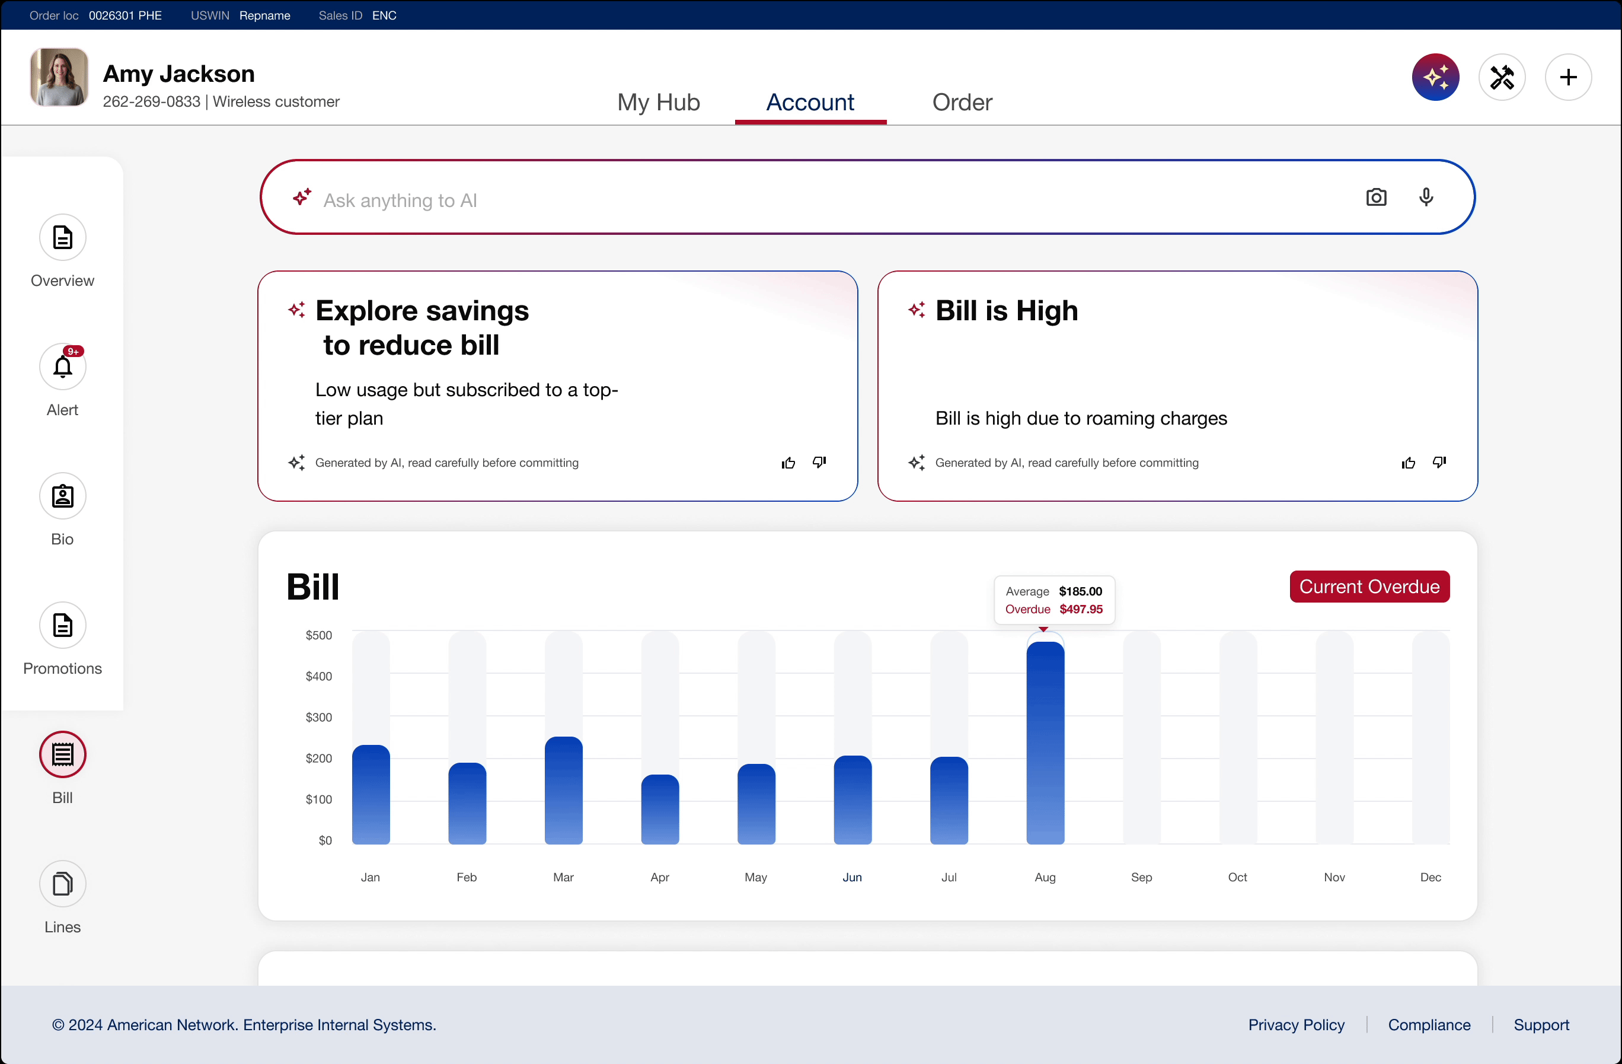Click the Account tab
coord(810,102)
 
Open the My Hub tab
coord(658,102)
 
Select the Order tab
coord(962,102)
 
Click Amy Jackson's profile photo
coord(59,77)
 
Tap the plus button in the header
coord(1567,77)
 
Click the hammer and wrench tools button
coord(1502,77)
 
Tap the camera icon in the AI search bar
coord(1376,197)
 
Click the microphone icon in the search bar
coord(1426,197)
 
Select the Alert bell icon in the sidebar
coord(63,367)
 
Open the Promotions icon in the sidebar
coord(63,625)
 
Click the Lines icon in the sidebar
coord(63,883)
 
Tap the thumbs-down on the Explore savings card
coord(819,462)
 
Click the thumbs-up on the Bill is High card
coord(1408,463)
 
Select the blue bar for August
coord(1045,743)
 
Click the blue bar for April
coord(660,809)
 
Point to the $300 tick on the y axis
coord(318,717)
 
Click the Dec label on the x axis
coord(1430,877)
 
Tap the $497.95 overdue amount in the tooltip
coord(1080,609)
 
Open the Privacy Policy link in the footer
coord(1297,1024)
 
